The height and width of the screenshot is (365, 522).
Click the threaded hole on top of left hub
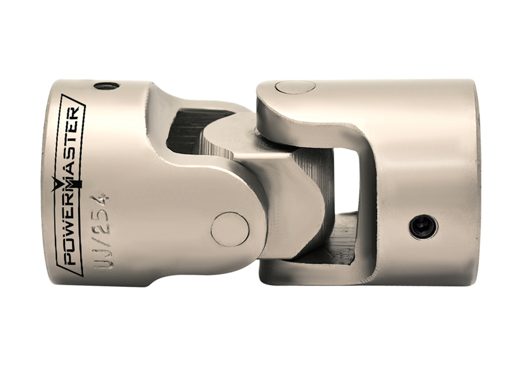pyautogui.click(x=106, y=86)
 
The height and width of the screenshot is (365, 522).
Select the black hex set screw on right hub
pyautogui.click(x=423, y=227)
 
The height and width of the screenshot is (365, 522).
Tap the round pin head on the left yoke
pyautogui.click(x=230, y=229)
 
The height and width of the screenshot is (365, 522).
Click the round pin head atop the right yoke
pyautogui.click(x=295, y=87)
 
